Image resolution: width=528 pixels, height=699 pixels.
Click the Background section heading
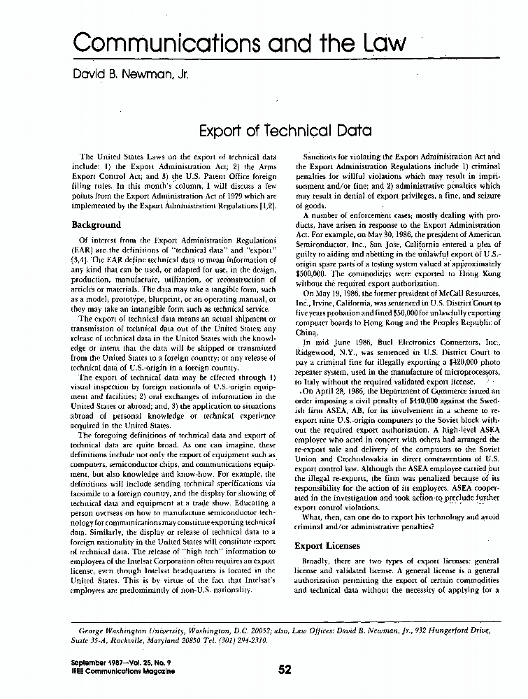[97, 225]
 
